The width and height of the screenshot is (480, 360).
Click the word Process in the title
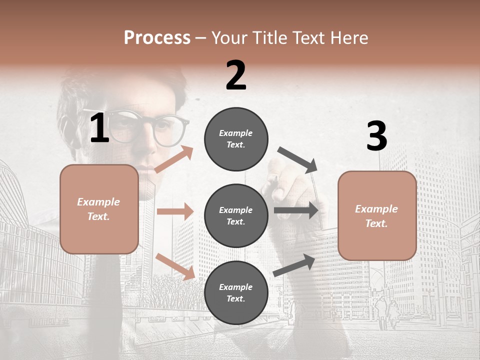click(x=157, y=37)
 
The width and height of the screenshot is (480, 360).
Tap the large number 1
click(x=99, y=128)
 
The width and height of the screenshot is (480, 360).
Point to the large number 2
click(x=236, y=75)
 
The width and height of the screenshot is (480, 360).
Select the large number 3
click(x=376, y=136)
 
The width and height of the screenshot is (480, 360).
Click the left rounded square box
click(x=99, y=209)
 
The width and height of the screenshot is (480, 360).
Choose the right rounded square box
click(x=377, y=215)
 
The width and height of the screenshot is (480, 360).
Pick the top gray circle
click(x=236, y=139)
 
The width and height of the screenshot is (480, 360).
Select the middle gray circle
click(x=236, y=215)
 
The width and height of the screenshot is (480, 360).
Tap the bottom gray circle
click(x=236, y=292)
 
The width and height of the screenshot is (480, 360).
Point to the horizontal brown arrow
click(x=175, y=211)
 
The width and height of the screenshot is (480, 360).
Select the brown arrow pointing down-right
click(x=175, y=266)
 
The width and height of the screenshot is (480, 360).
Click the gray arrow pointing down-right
click(x=297, y=159)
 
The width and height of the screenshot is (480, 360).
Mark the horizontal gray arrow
click(x=296, y=210)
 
